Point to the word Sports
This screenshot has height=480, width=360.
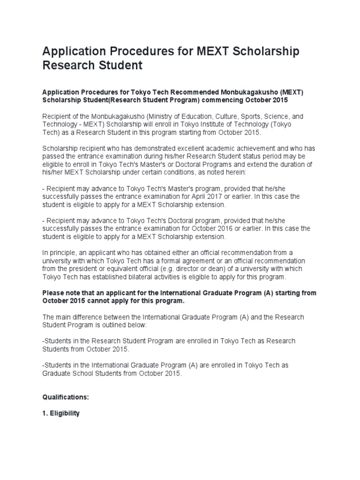point(262,116)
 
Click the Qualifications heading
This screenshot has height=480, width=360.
point(65,397)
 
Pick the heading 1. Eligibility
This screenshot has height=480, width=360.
point(61,413)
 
